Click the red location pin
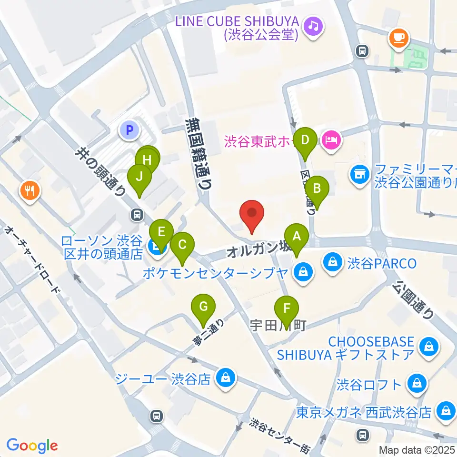pos(252,215)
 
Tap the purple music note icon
pos(313,25)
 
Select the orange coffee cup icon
pos(399,37)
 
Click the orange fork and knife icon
pos(30,191)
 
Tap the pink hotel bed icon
pos(331,139)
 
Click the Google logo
pos(32,446)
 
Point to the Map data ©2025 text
pos(417,449)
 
